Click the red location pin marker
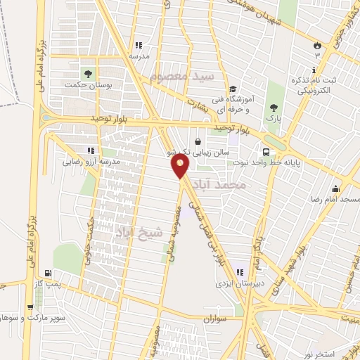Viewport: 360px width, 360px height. tap(180, 166)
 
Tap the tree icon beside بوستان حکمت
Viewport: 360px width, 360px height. tap(88, 72)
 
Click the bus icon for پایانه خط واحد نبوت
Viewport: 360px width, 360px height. tap(266, 153)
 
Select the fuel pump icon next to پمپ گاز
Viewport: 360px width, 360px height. tap(47, 274)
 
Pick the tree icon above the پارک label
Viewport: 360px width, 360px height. tap(274, 108)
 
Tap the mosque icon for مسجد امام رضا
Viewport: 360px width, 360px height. tap(336, 188)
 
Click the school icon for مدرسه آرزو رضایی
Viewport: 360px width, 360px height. tap(90, 150)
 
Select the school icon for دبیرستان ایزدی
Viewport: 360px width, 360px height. tap(240, 272)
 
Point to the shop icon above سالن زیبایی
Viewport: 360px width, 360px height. tap(198, 141)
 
